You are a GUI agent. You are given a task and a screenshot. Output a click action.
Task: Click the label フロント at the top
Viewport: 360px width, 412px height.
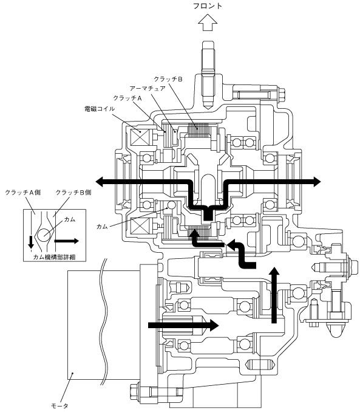[208, 6]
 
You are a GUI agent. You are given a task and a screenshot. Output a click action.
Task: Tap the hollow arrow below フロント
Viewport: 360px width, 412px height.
[208, 23]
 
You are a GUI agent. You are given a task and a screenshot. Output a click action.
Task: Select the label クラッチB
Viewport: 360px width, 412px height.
[168, 79]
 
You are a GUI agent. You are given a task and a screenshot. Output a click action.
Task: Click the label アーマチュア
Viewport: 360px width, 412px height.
[148, 88]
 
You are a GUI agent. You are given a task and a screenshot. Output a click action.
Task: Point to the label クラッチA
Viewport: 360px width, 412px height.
[127, 98]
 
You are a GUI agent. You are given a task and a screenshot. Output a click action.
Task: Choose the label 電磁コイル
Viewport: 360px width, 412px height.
[100, 109]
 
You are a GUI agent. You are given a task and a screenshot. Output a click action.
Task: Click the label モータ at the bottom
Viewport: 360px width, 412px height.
[59, 406]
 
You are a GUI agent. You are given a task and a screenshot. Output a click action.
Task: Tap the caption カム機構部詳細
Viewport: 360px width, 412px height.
[55, 257]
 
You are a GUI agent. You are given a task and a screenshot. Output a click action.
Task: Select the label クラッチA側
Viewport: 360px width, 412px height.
[23, 193]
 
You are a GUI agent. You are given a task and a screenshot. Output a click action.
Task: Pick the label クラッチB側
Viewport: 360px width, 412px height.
[73, 193]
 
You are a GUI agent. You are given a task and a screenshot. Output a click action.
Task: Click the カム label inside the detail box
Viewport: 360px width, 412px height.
[70, 219]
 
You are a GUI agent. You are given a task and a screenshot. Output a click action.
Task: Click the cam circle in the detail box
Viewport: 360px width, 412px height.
[44, 235]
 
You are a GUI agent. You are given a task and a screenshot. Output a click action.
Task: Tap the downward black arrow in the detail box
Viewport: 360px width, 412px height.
[31, 242]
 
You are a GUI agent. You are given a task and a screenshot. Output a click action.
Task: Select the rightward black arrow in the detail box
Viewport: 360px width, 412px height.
[66, 241]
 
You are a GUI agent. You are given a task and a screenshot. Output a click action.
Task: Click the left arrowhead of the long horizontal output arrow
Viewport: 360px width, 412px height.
[100, 182]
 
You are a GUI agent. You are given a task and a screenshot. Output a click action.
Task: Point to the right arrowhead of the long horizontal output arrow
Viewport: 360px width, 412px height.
[316, 182]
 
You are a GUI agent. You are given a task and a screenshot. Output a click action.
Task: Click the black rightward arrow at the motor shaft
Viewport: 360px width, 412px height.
[183, 325]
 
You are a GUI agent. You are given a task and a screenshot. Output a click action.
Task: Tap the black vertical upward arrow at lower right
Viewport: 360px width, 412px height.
[274, 295]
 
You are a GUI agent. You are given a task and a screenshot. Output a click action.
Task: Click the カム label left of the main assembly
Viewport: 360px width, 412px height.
[102, 227]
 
